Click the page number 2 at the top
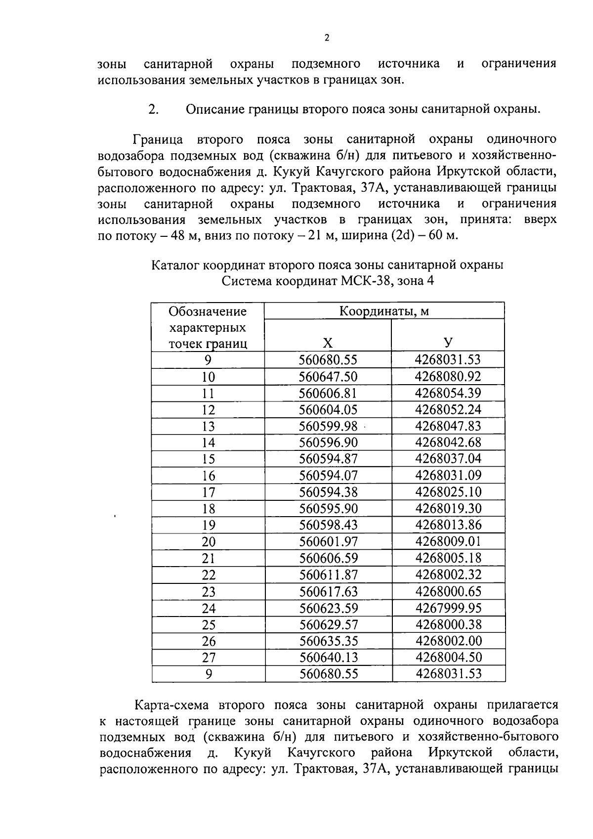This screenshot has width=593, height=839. pyautogui.click(x=326, y=39)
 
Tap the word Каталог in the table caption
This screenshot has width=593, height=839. pyautogui.click(x=174, y=265)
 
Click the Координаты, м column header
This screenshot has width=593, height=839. pyautogui.click(x=384, y=311)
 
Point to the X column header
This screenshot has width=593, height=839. pyautogui.click(x=328, y=343)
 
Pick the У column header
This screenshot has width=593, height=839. pyautogui.click(x=448, y=343)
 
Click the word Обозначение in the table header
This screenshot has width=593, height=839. pyautogui.click(x=208, y=311)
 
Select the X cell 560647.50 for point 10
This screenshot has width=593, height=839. pyautogui.click(x=328, y=377)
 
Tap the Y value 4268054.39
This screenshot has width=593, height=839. pyautogui.click(x=448, y=393)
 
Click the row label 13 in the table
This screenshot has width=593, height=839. pyautogui.click(x=208, y=426)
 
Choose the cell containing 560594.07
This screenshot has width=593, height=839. pyautogui.click(x=328, y=476)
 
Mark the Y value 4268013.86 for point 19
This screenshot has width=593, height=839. pyautogui.click(x=448, y=525)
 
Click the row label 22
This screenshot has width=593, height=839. pyautogui.click(x=208, y=575)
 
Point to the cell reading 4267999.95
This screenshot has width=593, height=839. pyautogui.click(x=448, y=608)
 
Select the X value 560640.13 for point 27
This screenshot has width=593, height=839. pyautogui.click(x=328, y=657)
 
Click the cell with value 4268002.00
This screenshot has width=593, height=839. pyautogui.click(x=448, y=641)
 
